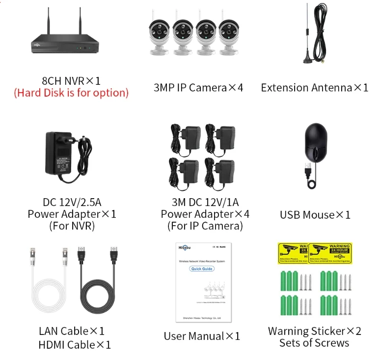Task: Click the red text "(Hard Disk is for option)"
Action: (x=71, y=93)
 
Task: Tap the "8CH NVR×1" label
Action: (x=71, y=80)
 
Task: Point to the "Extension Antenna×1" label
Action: (x=314, y=88)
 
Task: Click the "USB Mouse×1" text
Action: (x=315, y=214)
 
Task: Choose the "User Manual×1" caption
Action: (x=202, y=336)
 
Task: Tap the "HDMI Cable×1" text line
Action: (x=75, y=345)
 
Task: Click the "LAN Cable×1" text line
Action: (x=72, y=331)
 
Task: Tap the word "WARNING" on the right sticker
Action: (x=339, y=246)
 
